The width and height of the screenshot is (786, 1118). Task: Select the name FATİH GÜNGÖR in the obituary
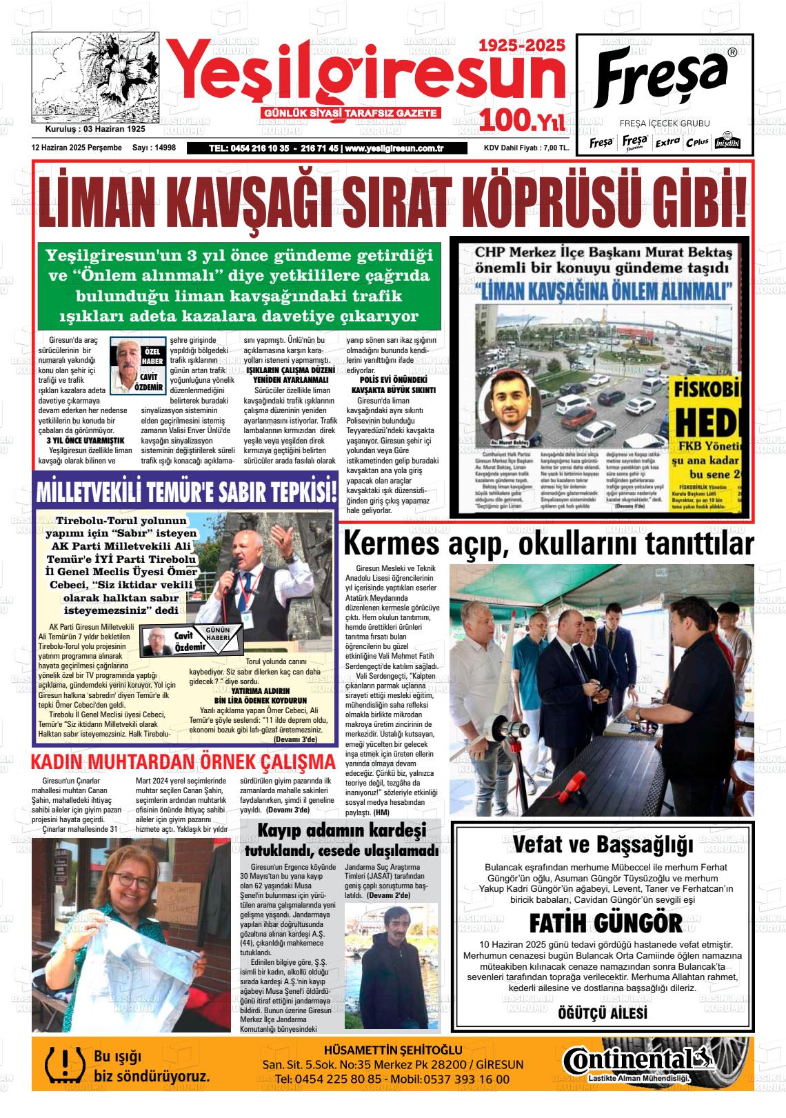605,923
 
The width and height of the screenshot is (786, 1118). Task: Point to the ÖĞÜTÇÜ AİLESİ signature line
602,1012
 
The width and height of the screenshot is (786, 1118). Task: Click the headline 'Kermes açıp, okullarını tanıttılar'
547,543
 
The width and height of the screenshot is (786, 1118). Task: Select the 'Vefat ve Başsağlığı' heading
602,844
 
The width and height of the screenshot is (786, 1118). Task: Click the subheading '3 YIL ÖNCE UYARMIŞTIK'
85,440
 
